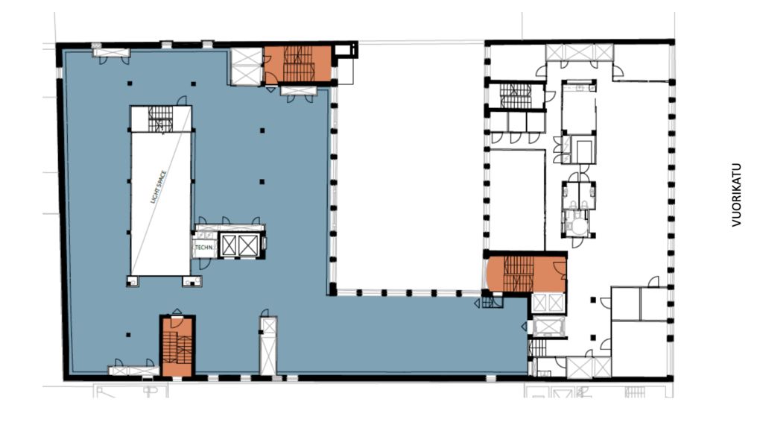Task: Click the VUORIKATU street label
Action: click(x=736, y=195)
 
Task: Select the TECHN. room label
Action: click(x=203, y=248)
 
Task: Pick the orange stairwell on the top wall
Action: click(x=298, y=64)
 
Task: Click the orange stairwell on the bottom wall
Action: click(x=177, y=346)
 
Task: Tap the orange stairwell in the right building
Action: click(x=527, y=274)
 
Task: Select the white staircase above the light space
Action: click(x=161, y=119)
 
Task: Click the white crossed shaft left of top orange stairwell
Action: click(x=246, y=66)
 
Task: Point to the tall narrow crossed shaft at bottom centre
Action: click(x=268, y=346)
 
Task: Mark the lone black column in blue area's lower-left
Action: click(x=128, y=335)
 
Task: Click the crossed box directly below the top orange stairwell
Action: click(x=299, y=90)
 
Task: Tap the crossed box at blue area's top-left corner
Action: click(x=111, y=52)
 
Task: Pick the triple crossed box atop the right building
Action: click(x=579, y=53)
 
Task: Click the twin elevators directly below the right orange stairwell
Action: click(x=548, y=314)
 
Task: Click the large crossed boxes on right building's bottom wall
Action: click(x=589, y=368)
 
